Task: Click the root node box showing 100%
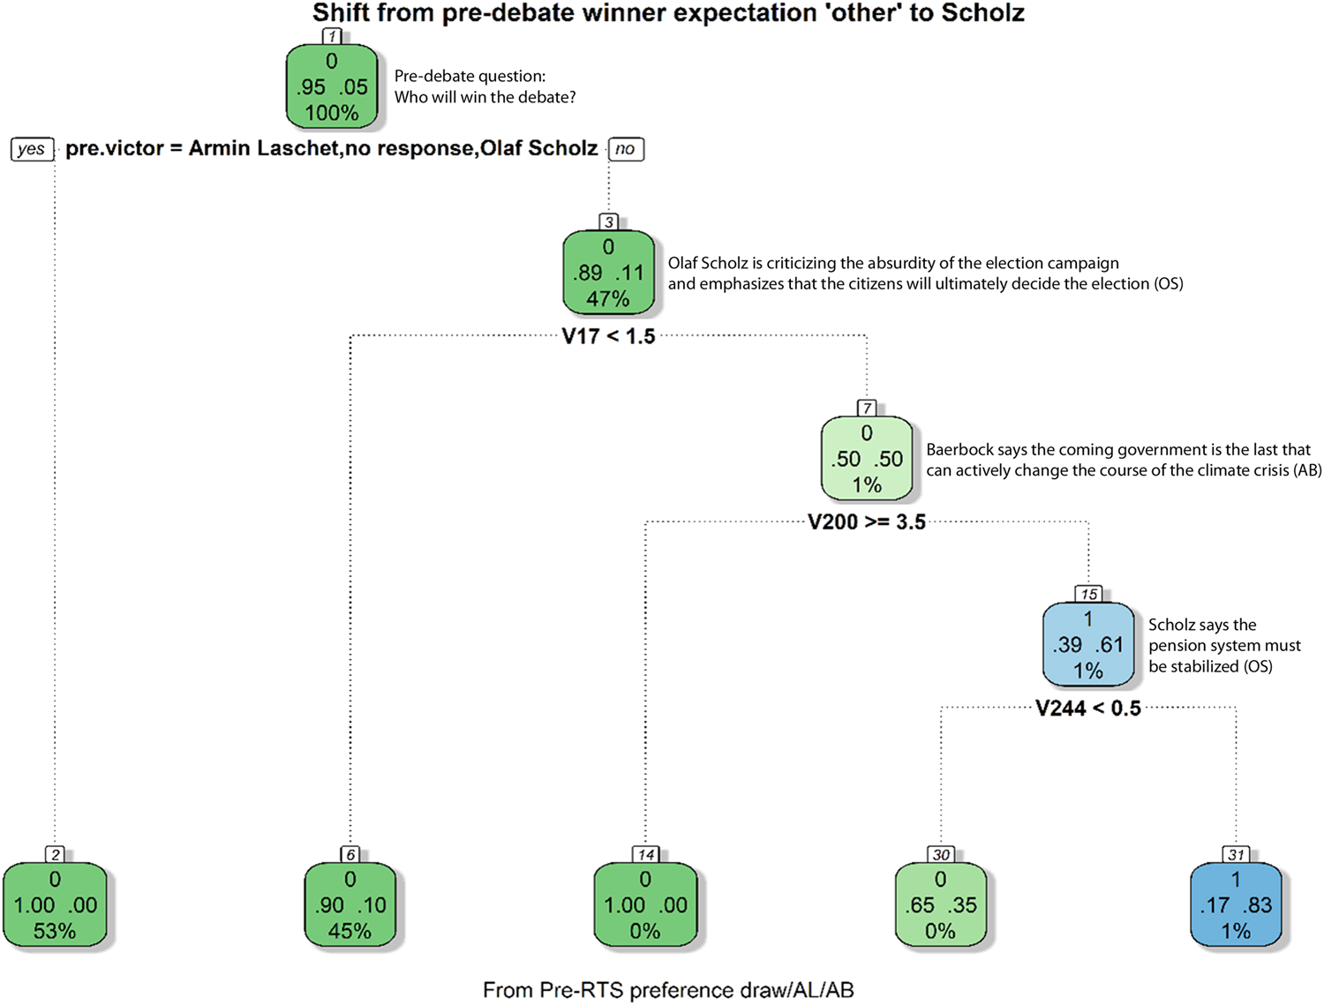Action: pyautogui.click(x=332, y=87)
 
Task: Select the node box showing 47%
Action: pyautogui.click(x=608, y=274)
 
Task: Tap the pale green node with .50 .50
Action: pyautogui.click(x=867, y=459)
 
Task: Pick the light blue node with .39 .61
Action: pyautogui.click(x=1088, y=645)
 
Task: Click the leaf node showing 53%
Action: pyautogui.click(x=55, y=905)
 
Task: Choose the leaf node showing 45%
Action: pyautogui.click(x=350, y=905)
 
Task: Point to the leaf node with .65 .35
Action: pyautogui.click(x=941, y=905)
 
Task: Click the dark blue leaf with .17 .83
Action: pyautogui.click(x=1236, y=905)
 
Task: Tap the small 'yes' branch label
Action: pyautogui.click(x=32, y=149)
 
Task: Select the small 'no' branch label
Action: pyautogui.click(x=625, y=149)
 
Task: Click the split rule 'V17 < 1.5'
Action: pyautogui.click(x=608, y=336)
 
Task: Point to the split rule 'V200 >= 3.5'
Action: pyautogui.click(x=867, y=522)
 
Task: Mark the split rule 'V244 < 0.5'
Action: pyautogui.click(x=1088, y=709)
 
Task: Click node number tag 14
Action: pyautogui.click(x=646, y=854)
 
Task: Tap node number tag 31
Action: pyautogui.click(x=1236, y=854)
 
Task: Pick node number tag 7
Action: pyautogui.click(x=867, y=408)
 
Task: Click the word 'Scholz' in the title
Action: pyautogui.click(x=982, y=13)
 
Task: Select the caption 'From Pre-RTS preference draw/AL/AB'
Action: pyautogui.click(x=668, y=990)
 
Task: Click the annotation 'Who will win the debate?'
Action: pyautogui.click(x=485, y=97)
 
